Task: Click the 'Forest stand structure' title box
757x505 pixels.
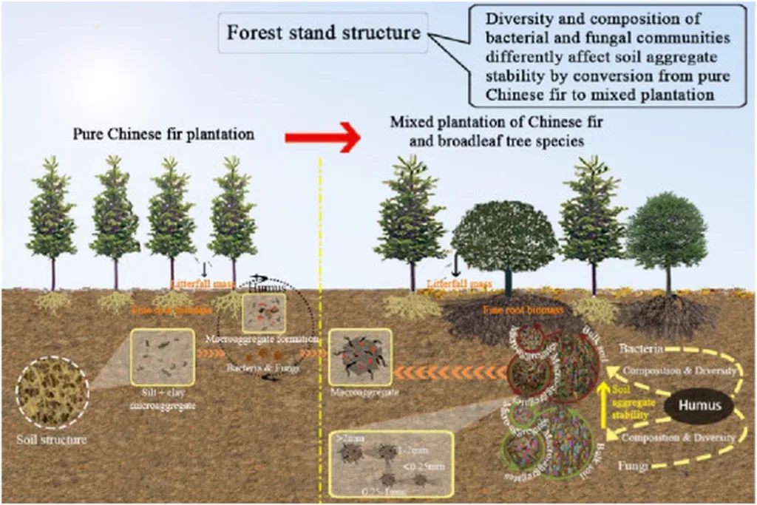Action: pyautogui.click(x=322, y=33)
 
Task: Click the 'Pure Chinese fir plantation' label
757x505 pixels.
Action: pyautogui.click(x=163, y=135)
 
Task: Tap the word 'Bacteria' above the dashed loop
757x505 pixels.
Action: pyautogui.click(x=641, y=348)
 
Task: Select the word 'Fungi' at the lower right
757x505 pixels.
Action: pyautogui.click(x=634, y=467)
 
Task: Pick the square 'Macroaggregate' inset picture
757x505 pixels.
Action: pyautogui.click(x=359, y=358)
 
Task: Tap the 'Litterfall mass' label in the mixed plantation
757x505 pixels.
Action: pyautogui.click(x=459, y=283)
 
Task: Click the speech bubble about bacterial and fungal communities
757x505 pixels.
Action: pyautogui.click(x=606, y=53)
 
